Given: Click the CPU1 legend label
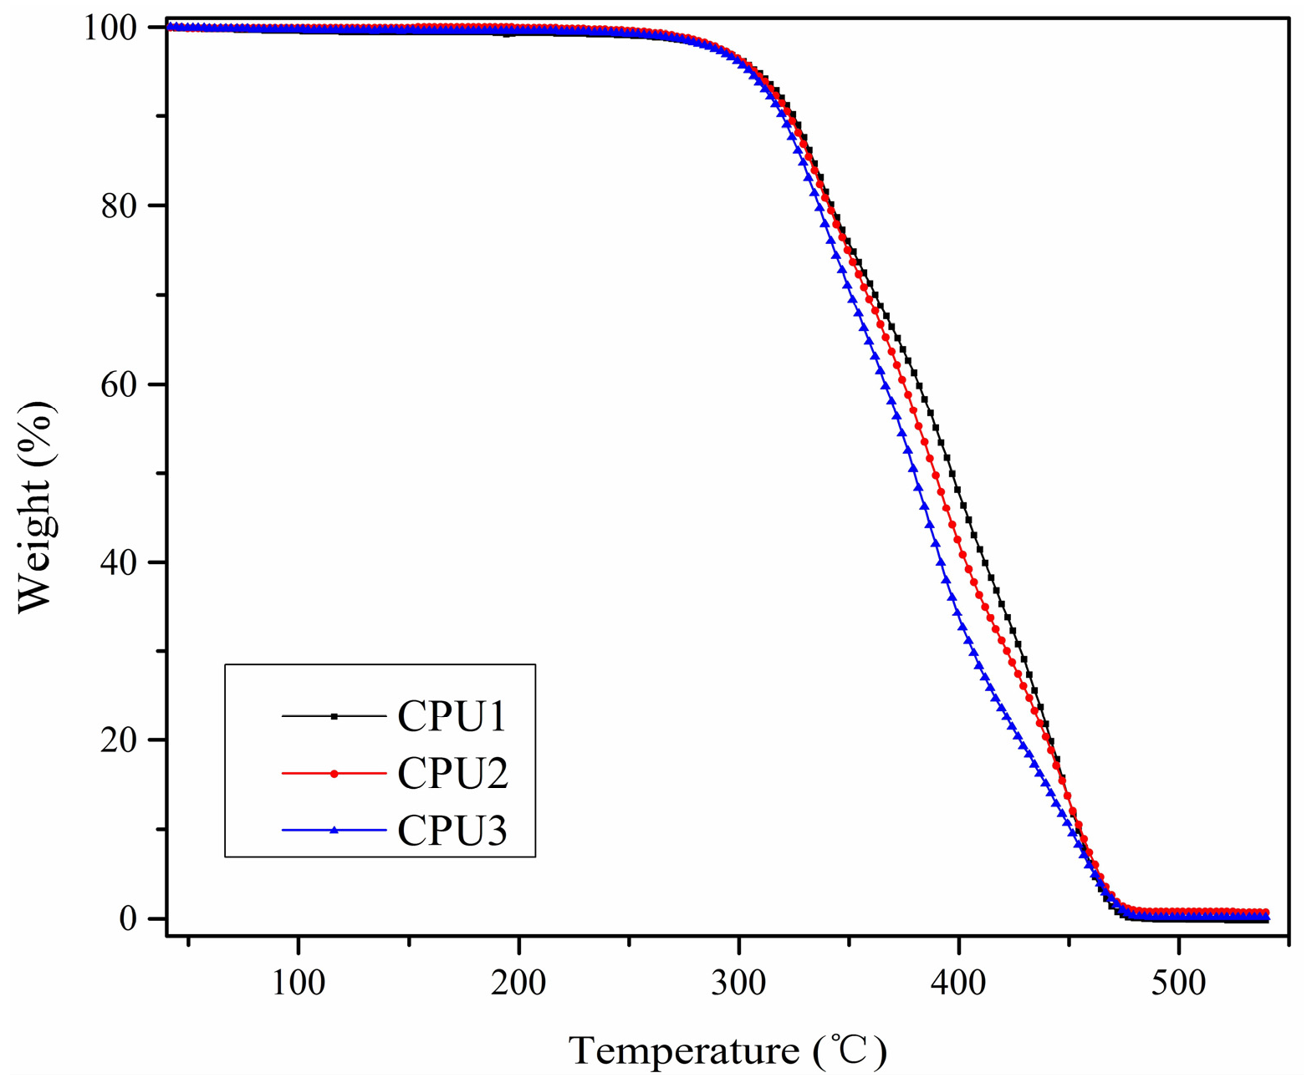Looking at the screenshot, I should click(452, 717).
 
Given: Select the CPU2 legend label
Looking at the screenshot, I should click(452, 774).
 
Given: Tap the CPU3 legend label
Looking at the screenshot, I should click(452, 831).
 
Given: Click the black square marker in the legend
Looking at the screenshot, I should click(334, 716).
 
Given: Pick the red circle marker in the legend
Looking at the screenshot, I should click(334, 774).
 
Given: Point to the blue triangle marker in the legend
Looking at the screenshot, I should click(334, 830).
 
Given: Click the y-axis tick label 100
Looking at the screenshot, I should click(109, 28).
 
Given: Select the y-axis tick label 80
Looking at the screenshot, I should click(118, 206).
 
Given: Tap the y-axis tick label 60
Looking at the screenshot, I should click(118, 384).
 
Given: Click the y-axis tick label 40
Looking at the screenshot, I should click(118, 562).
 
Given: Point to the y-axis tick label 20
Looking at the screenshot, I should click(118, 740).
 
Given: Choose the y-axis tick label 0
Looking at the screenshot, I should click(127, 918).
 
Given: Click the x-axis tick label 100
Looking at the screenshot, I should click(299, 983).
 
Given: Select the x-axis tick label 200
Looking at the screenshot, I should click(518, 983).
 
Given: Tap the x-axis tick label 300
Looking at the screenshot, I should click(738, 983).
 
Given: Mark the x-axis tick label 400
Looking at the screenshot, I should click(958, 983).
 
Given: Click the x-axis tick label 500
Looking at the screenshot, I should click(1178, 983).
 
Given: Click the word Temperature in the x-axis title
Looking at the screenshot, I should click(684, 1050).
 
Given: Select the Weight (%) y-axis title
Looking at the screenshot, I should click(35, 507).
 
